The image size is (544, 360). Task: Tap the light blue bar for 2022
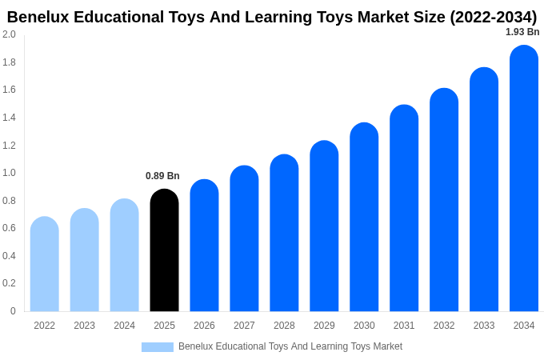point(45,264)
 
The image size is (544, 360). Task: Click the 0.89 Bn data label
point(162,176)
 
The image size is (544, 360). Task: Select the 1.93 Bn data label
point(522,32)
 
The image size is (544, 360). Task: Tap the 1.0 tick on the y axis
point(9,173)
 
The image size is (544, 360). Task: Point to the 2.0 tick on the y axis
point(9,34)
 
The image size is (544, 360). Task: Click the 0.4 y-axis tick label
point(9,256)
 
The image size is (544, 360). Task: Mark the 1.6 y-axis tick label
point(9,90)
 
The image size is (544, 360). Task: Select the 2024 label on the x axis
point(124,326)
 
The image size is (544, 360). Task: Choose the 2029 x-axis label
point(324,326)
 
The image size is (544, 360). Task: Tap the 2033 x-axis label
point(484,326)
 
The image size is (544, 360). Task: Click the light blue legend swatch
point(158,347)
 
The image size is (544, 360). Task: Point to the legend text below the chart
point(290,346)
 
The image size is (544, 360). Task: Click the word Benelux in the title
point(37,17)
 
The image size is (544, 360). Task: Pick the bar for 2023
point(84,260)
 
